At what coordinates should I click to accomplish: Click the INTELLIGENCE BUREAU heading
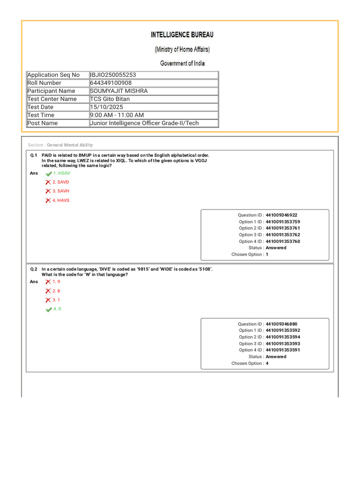tap(182, 35)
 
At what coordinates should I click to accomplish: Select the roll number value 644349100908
tap(111, 83)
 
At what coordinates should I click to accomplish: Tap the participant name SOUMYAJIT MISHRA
tap(119, 91)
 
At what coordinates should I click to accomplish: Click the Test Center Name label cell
tap(52, 99)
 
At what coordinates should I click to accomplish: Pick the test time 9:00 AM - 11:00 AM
tap(117, 115)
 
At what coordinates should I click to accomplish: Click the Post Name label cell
tap(43, 123)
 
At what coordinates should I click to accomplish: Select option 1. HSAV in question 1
tap(61, 173)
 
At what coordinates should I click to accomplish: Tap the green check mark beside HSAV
tap(48, 173)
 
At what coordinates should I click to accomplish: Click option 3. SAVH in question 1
tap(61, 191)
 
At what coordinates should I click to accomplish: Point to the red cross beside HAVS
tap(48, 201)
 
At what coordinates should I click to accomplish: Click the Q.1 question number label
tap(34, 155)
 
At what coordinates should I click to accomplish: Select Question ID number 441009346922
tap(281, 215)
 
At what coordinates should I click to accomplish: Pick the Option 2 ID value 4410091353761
tap(283, 228)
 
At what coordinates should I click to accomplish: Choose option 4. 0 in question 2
tap(57, 309)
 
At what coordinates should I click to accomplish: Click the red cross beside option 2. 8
tap(48, 291)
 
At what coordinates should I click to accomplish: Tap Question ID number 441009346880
tap(281, 324)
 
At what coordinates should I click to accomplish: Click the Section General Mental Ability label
tap(60, 145)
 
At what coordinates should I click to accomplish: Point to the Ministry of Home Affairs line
tap(182, 49)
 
